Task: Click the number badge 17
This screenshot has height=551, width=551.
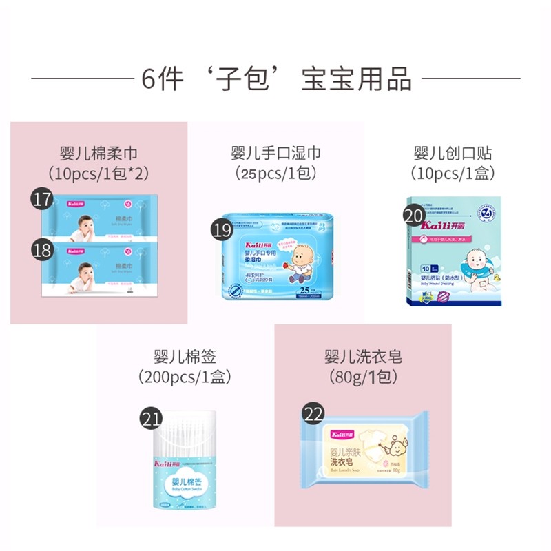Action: pos(43,200)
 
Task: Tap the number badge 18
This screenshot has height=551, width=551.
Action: pos(43,249)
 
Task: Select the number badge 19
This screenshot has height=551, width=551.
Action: pos(222,230)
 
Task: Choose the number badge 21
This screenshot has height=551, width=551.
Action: pos(151,418)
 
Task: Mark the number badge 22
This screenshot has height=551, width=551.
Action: pos(313,415)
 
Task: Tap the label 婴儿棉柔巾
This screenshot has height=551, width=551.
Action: pos(98,153)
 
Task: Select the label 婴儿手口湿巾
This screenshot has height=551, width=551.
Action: pos(275,153)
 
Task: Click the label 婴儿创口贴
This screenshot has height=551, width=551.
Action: pos(453,153)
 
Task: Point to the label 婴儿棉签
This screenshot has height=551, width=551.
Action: pos(185,357)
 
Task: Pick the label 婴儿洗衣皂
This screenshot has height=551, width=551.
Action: pos(363,357)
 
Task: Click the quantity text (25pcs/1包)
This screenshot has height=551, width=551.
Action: pos(275,173)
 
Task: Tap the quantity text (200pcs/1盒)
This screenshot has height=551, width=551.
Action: pos(185,377)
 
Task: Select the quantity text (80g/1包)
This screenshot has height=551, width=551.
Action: pos(363,377)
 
